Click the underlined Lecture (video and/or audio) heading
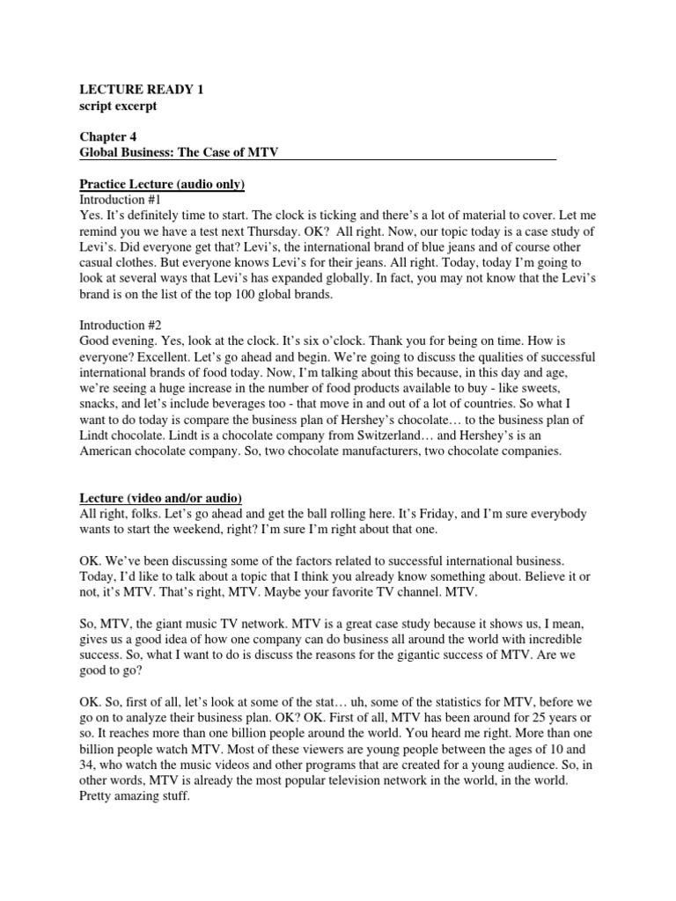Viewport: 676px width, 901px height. coord(161,498)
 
